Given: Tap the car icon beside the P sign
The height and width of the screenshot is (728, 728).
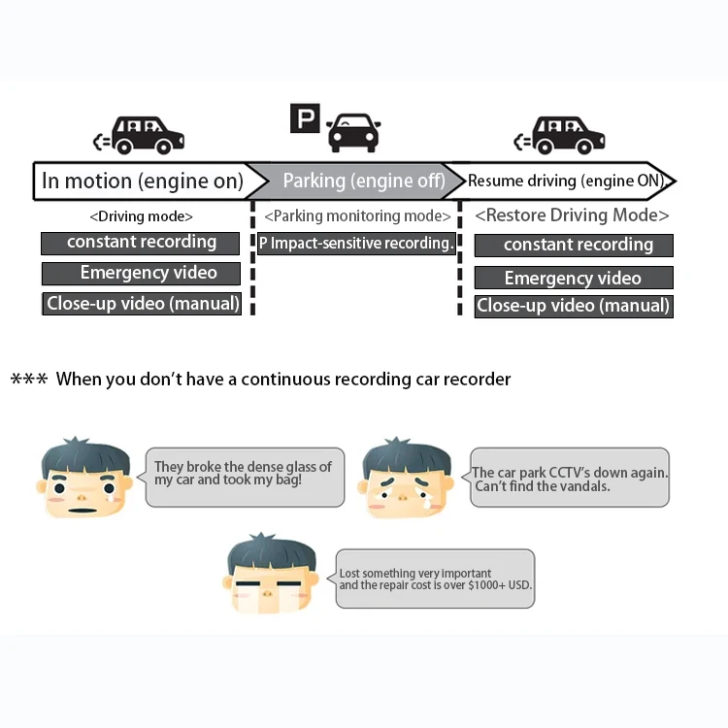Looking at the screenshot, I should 353,131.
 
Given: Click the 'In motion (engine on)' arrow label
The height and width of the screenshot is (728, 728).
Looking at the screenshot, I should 143,181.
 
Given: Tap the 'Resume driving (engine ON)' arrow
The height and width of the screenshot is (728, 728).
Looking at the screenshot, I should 566,181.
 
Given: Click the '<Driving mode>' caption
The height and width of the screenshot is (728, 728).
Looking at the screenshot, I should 141,216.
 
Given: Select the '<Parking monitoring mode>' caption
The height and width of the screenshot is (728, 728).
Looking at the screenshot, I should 357,215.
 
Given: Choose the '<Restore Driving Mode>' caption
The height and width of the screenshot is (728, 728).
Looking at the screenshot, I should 572,215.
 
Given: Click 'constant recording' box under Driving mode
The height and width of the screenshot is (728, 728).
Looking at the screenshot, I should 141,242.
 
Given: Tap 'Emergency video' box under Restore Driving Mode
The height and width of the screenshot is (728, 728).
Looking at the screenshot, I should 573,279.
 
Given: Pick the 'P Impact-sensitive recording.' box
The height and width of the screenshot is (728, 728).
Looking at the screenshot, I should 356,243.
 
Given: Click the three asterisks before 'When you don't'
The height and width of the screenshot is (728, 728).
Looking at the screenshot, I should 28,379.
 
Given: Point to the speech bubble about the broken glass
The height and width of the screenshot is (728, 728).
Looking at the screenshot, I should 244,476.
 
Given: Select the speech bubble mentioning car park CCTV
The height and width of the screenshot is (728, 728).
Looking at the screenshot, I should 570,478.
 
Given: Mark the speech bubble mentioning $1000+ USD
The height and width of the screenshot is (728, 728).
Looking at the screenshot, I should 435,579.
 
